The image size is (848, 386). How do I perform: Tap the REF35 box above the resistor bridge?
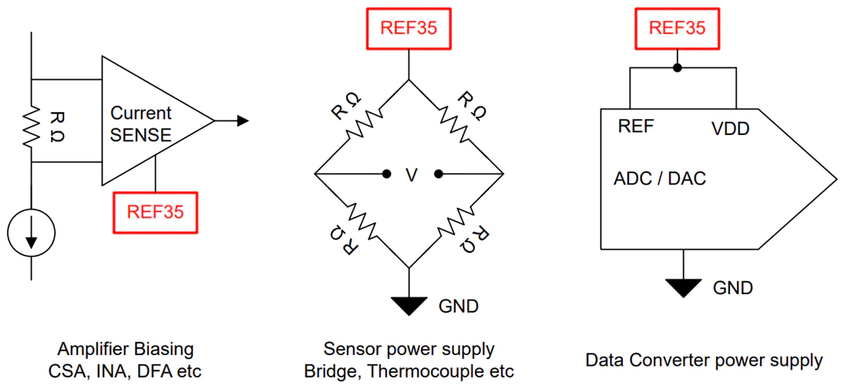(409, 28)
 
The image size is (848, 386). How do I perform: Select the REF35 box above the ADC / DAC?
(677, 28)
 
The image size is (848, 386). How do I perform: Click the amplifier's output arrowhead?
(243, 120)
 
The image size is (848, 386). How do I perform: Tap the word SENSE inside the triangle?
(140, 135)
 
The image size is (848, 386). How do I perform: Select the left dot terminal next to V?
(386, 174)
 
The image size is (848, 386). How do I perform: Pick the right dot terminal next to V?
(439, 174)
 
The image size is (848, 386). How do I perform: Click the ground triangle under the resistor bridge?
(409, 306)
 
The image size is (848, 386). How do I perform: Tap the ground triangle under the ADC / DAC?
(684, 286)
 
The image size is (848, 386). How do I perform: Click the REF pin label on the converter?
(636, 126)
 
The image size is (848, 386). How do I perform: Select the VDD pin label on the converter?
(731, 130)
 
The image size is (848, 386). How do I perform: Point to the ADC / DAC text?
(661, 178)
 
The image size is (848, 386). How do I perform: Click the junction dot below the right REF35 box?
(677, 68)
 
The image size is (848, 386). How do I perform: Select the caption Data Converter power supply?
(704, 361)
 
